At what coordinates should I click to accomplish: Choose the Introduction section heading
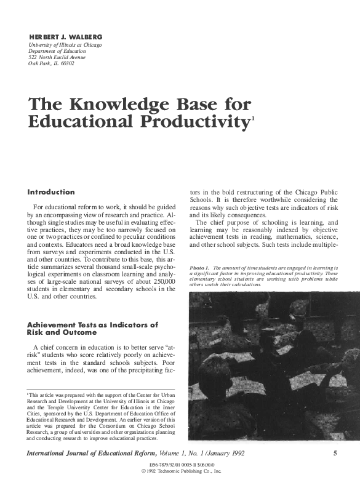51,192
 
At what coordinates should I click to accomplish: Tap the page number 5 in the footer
335,454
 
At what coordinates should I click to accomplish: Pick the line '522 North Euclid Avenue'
59,57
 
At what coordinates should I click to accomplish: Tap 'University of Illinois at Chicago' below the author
65,45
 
